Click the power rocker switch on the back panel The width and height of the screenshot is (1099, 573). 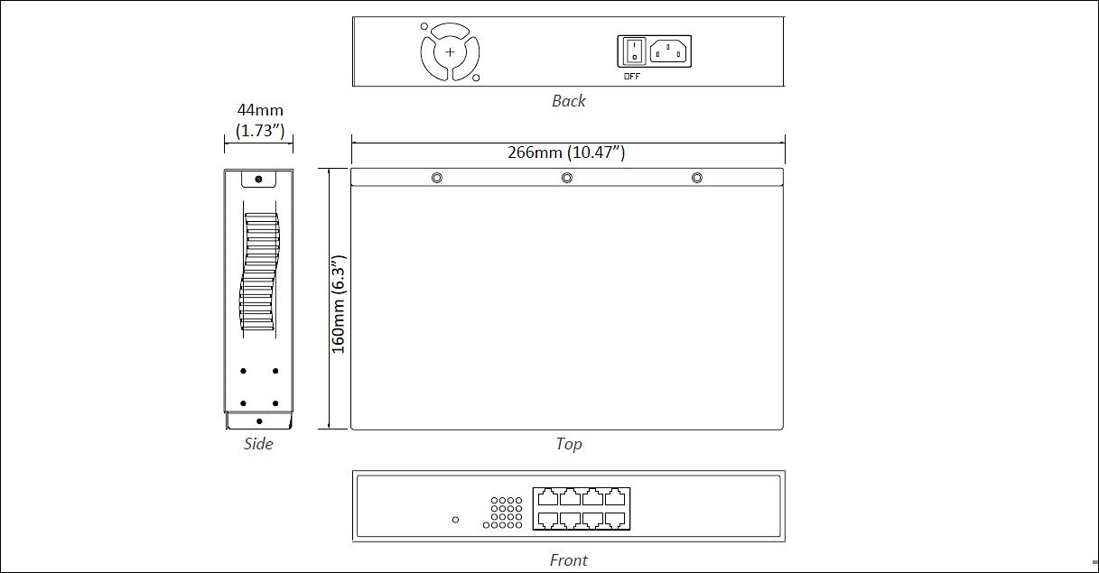(x=634, y=51)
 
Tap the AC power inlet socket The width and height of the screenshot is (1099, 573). (x=667, y=51)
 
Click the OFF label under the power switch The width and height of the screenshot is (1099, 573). (x=632, y=77)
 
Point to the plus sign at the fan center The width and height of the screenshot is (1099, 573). (x=450, y=52)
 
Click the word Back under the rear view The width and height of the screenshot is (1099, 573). (x=568, y=101)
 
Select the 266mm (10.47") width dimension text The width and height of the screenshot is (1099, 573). (x=566, y=152)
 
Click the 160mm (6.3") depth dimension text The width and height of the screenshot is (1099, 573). (x=339, y=304)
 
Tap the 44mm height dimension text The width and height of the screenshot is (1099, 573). (x=260, y=110)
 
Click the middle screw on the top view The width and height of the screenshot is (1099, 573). (x=567, y=178)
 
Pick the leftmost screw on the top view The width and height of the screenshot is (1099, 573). (x=437, y=178)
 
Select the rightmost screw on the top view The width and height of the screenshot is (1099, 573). (x=696, y=178)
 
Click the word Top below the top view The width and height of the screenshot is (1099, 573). (x=569, y=444)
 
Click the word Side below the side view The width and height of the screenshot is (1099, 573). (x=258, y=444)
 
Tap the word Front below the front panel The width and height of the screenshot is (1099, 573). (x=568, y=559)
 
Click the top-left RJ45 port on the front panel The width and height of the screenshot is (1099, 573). (x=548, y=497)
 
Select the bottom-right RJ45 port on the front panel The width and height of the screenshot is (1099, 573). (x=615, y=520)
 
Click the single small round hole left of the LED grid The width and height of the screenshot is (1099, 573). (x=455, y=520)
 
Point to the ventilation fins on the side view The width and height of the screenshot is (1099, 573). (x=259, y=271)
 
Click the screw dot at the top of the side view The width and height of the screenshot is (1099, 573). (x=258, y=179)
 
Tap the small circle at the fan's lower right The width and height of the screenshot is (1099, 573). (x=476, y=78)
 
